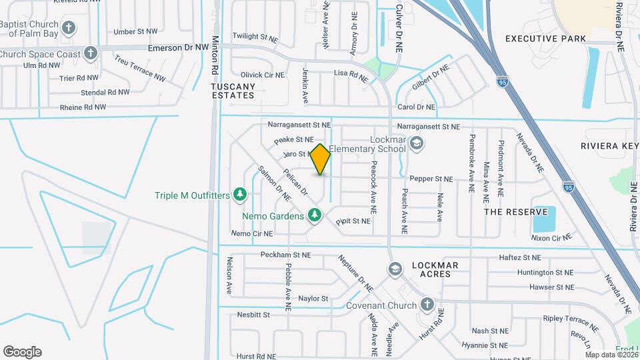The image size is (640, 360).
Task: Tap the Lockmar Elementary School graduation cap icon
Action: point(417,143)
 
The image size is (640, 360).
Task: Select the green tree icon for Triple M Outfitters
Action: point(241,195)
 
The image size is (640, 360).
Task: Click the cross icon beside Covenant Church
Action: point(427,305)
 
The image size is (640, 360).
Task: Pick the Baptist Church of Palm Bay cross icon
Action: point(68,28)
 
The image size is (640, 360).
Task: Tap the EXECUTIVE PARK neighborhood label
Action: point(545,39)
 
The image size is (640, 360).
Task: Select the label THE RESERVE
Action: point(510,211)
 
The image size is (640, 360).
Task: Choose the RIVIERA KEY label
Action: point(609,146)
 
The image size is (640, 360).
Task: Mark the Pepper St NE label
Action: point(431,179)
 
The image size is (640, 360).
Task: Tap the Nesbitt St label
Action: point(253,314)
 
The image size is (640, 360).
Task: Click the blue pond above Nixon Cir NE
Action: point(544,219)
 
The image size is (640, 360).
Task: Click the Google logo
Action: point(22,352)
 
